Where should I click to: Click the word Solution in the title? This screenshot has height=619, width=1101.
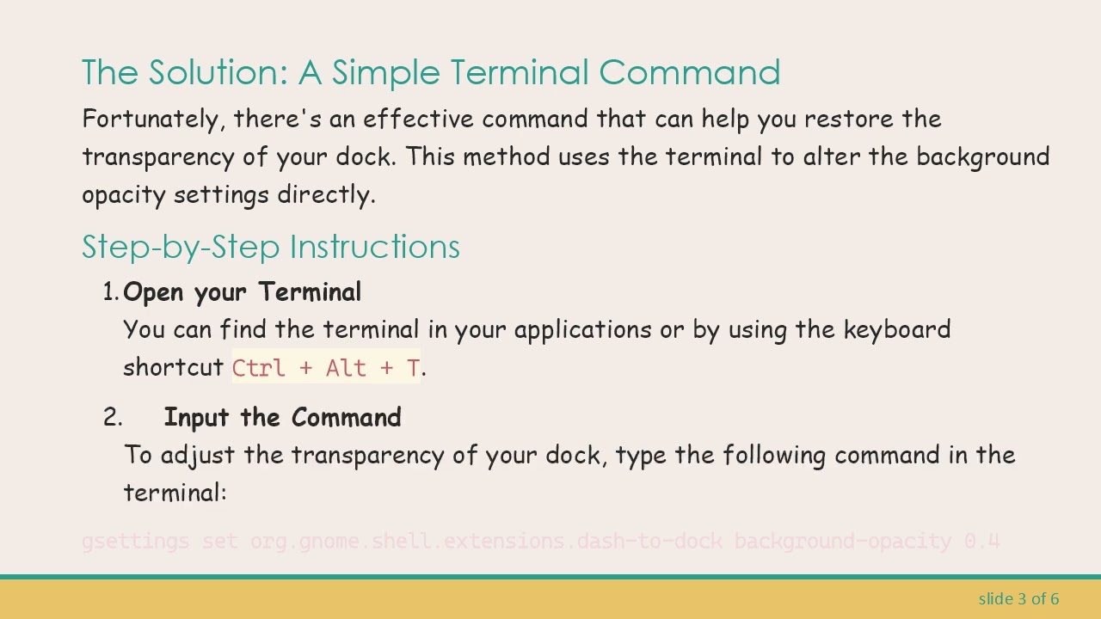[218, 72]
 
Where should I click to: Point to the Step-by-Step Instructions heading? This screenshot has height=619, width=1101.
[271, 247]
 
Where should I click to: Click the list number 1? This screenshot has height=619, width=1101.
[110, 292]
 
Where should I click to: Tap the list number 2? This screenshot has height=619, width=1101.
[112, 418]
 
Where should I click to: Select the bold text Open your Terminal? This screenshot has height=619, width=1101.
[243, 292]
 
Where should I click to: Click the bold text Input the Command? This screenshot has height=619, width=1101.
[282, 418]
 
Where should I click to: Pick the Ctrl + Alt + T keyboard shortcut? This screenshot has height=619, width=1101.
[326, 368]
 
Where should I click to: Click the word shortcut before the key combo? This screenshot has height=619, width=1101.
[174, 368]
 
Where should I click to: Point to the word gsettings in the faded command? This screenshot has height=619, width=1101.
[135, 542]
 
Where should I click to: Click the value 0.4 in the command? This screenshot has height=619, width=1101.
[981, 542]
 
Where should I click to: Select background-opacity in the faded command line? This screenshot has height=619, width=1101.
[842, 542]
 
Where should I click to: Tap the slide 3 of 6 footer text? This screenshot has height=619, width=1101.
[1018, 598]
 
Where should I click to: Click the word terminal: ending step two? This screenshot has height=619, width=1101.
[175, 493]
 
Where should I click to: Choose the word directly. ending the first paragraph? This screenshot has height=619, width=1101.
[326, 194]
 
